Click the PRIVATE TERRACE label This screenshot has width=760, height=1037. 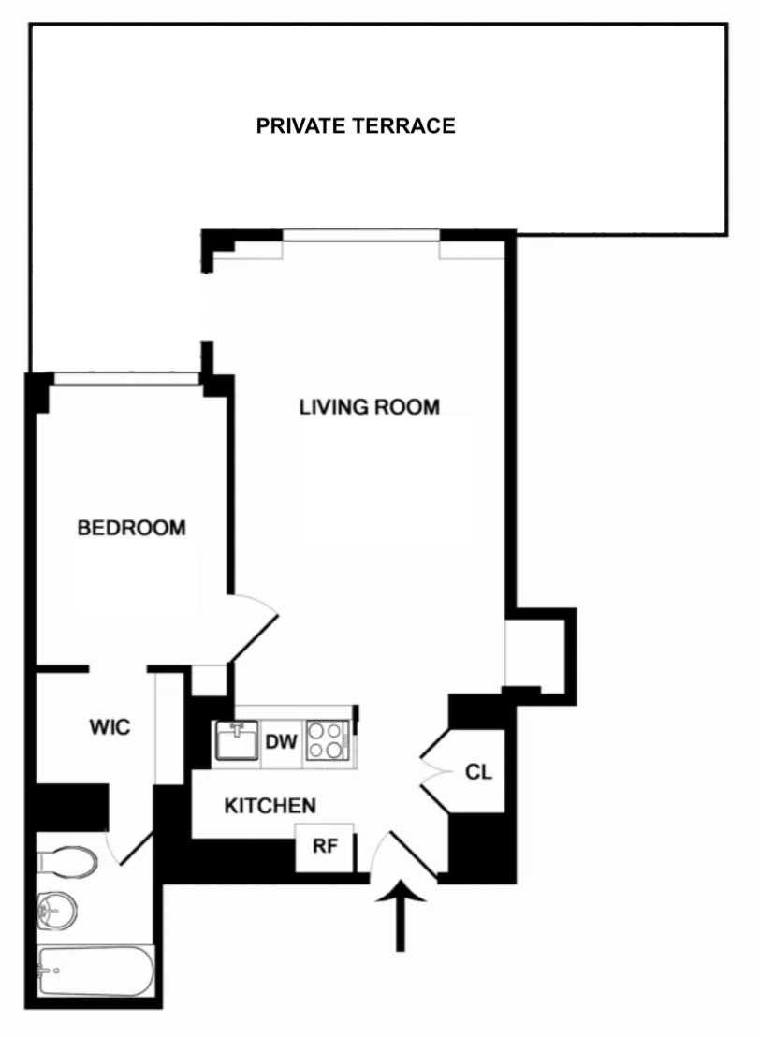tap(356, 125)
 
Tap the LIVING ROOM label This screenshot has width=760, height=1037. tap(369, 407)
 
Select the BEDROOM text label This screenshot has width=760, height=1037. tap(131, 528)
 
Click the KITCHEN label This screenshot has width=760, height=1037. tap(270, 805)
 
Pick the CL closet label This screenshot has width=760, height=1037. tap(478, 773)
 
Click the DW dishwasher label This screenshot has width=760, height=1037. tap(281, 743)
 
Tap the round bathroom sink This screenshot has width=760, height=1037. tap(56, 908)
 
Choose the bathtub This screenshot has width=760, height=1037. tap(95, 971)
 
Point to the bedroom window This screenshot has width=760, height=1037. tap(126, 379)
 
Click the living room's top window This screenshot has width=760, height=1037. tap(361, 235)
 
